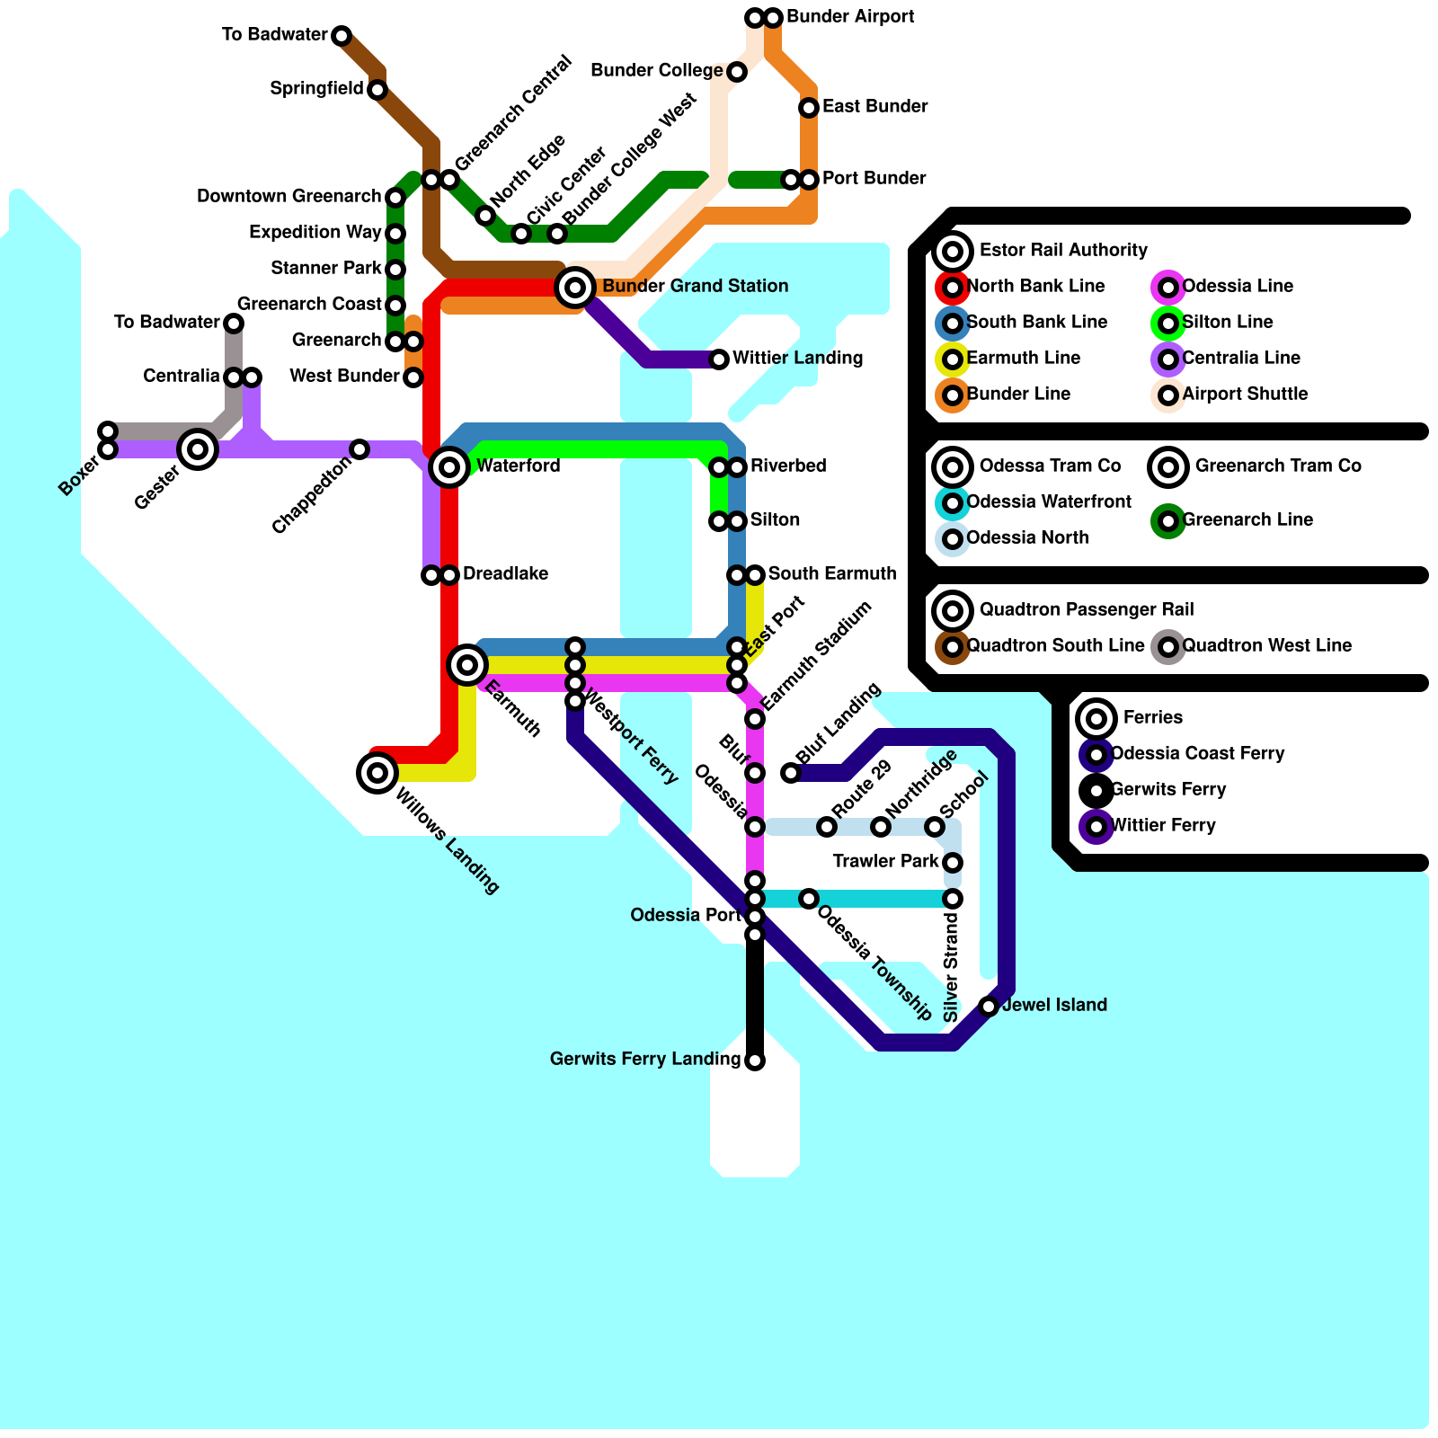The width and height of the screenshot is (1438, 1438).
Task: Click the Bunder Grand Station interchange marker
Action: (x=575, y=288)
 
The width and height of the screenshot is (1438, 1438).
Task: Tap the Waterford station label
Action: (x=518, y=466)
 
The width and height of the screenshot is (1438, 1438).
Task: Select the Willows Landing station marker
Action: (x=377, y=773)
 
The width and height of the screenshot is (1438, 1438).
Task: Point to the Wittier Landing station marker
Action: (x=719, y=359)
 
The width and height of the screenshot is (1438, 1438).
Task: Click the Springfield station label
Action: (x=316, y=89)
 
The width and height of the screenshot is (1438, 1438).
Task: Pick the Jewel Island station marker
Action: (x=989, y=1007)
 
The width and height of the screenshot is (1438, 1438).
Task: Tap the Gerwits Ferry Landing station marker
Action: (x=755, y=1061)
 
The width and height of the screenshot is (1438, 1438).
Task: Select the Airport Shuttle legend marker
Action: (x=1168, y=395)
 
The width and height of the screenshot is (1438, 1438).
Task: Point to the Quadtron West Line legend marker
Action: (x=1168, y=647)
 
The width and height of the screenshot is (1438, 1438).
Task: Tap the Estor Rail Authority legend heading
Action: (x=1063, y=251)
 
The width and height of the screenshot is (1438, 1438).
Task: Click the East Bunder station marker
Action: (x=809, y=108)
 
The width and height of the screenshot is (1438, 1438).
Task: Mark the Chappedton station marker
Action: (x=359, y=449)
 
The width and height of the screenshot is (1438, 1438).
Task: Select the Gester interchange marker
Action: (x=198, y=449)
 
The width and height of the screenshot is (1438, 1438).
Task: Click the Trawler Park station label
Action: (x=885, y=862)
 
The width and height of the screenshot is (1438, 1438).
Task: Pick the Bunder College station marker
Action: (x=737, y=72)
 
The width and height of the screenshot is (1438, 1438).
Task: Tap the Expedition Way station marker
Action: (x=395, y=234)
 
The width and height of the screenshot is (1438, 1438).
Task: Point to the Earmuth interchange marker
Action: (x=467, y=665)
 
